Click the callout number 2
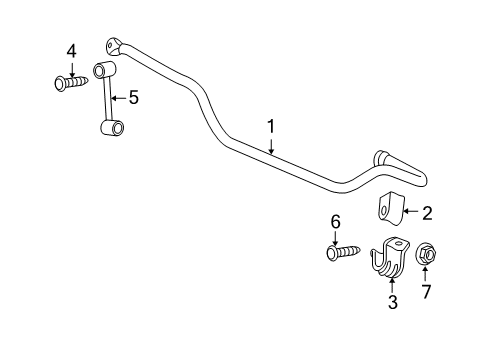(x=427, y=212)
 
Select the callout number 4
(x=71, y=50)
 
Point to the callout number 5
(x=133, y=97)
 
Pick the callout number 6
(x=337, y=222)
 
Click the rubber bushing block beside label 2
(x=389, y=211)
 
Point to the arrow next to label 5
(x=117, y=97)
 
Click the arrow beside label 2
(x=409, y=212)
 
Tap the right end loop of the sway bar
(x=385, y=161)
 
